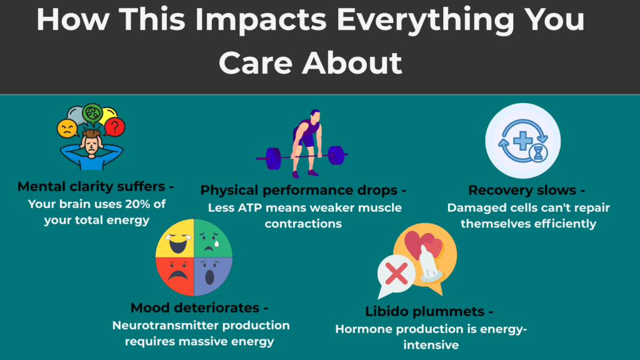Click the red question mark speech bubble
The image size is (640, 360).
pyautogui.click(x=114, y=127)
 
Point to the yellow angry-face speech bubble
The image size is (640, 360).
pyautogui.click(x=67, y=129)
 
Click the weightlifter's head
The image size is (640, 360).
pyautogui.click(x=316, y=117)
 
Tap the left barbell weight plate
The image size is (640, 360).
pyautogui.click(x=273, y=156)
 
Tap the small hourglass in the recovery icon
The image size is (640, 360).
pyautogui.click(x=537, y=154)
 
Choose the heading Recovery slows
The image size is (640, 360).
pyautogui.click(x=526, y=191)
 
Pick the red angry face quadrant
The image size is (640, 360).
pyautogui.click(x=174, y=276)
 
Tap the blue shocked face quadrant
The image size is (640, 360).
pyautogui.click(x=212, y=276)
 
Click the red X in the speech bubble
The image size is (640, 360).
pyautogui.click(x=398, y=273)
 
